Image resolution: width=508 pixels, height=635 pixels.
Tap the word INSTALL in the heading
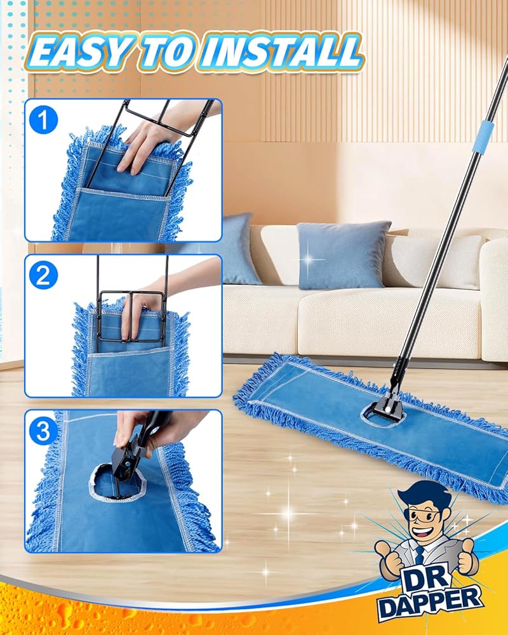280,53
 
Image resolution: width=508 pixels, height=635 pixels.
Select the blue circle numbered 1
43,120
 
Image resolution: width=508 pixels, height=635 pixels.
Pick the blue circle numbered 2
43,275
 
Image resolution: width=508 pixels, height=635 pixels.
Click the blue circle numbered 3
43,431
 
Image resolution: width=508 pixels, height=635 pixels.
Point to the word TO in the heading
167,53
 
